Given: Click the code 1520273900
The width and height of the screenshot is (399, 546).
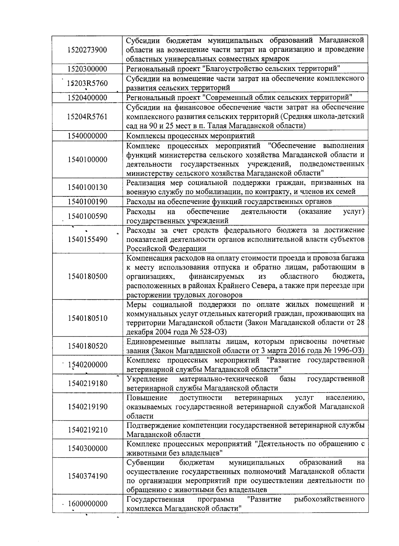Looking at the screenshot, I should (87, 50).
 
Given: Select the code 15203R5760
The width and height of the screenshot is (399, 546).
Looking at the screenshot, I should (87, 83).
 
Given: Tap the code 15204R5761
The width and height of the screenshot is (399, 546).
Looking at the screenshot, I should (87, 117).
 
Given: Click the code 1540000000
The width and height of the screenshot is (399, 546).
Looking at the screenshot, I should (87, 136).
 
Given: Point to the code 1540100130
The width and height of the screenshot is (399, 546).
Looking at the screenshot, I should (87, 187).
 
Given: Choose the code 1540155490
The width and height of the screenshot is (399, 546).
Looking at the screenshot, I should (87, 240).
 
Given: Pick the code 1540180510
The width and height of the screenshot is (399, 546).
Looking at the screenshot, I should (87, 318).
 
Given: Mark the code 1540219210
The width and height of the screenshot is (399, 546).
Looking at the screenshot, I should (87, 430).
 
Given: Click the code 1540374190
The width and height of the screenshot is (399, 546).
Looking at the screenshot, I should (87, 476).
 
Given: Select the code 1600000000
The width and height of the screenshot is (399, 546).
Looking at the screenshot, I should (88, 504).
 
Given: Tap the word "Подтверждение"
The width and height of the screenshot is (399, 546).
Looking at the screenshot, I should (151, 425).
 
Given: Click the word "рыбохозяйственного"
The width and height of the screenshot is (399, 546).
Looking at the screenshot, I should (329, 499).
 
